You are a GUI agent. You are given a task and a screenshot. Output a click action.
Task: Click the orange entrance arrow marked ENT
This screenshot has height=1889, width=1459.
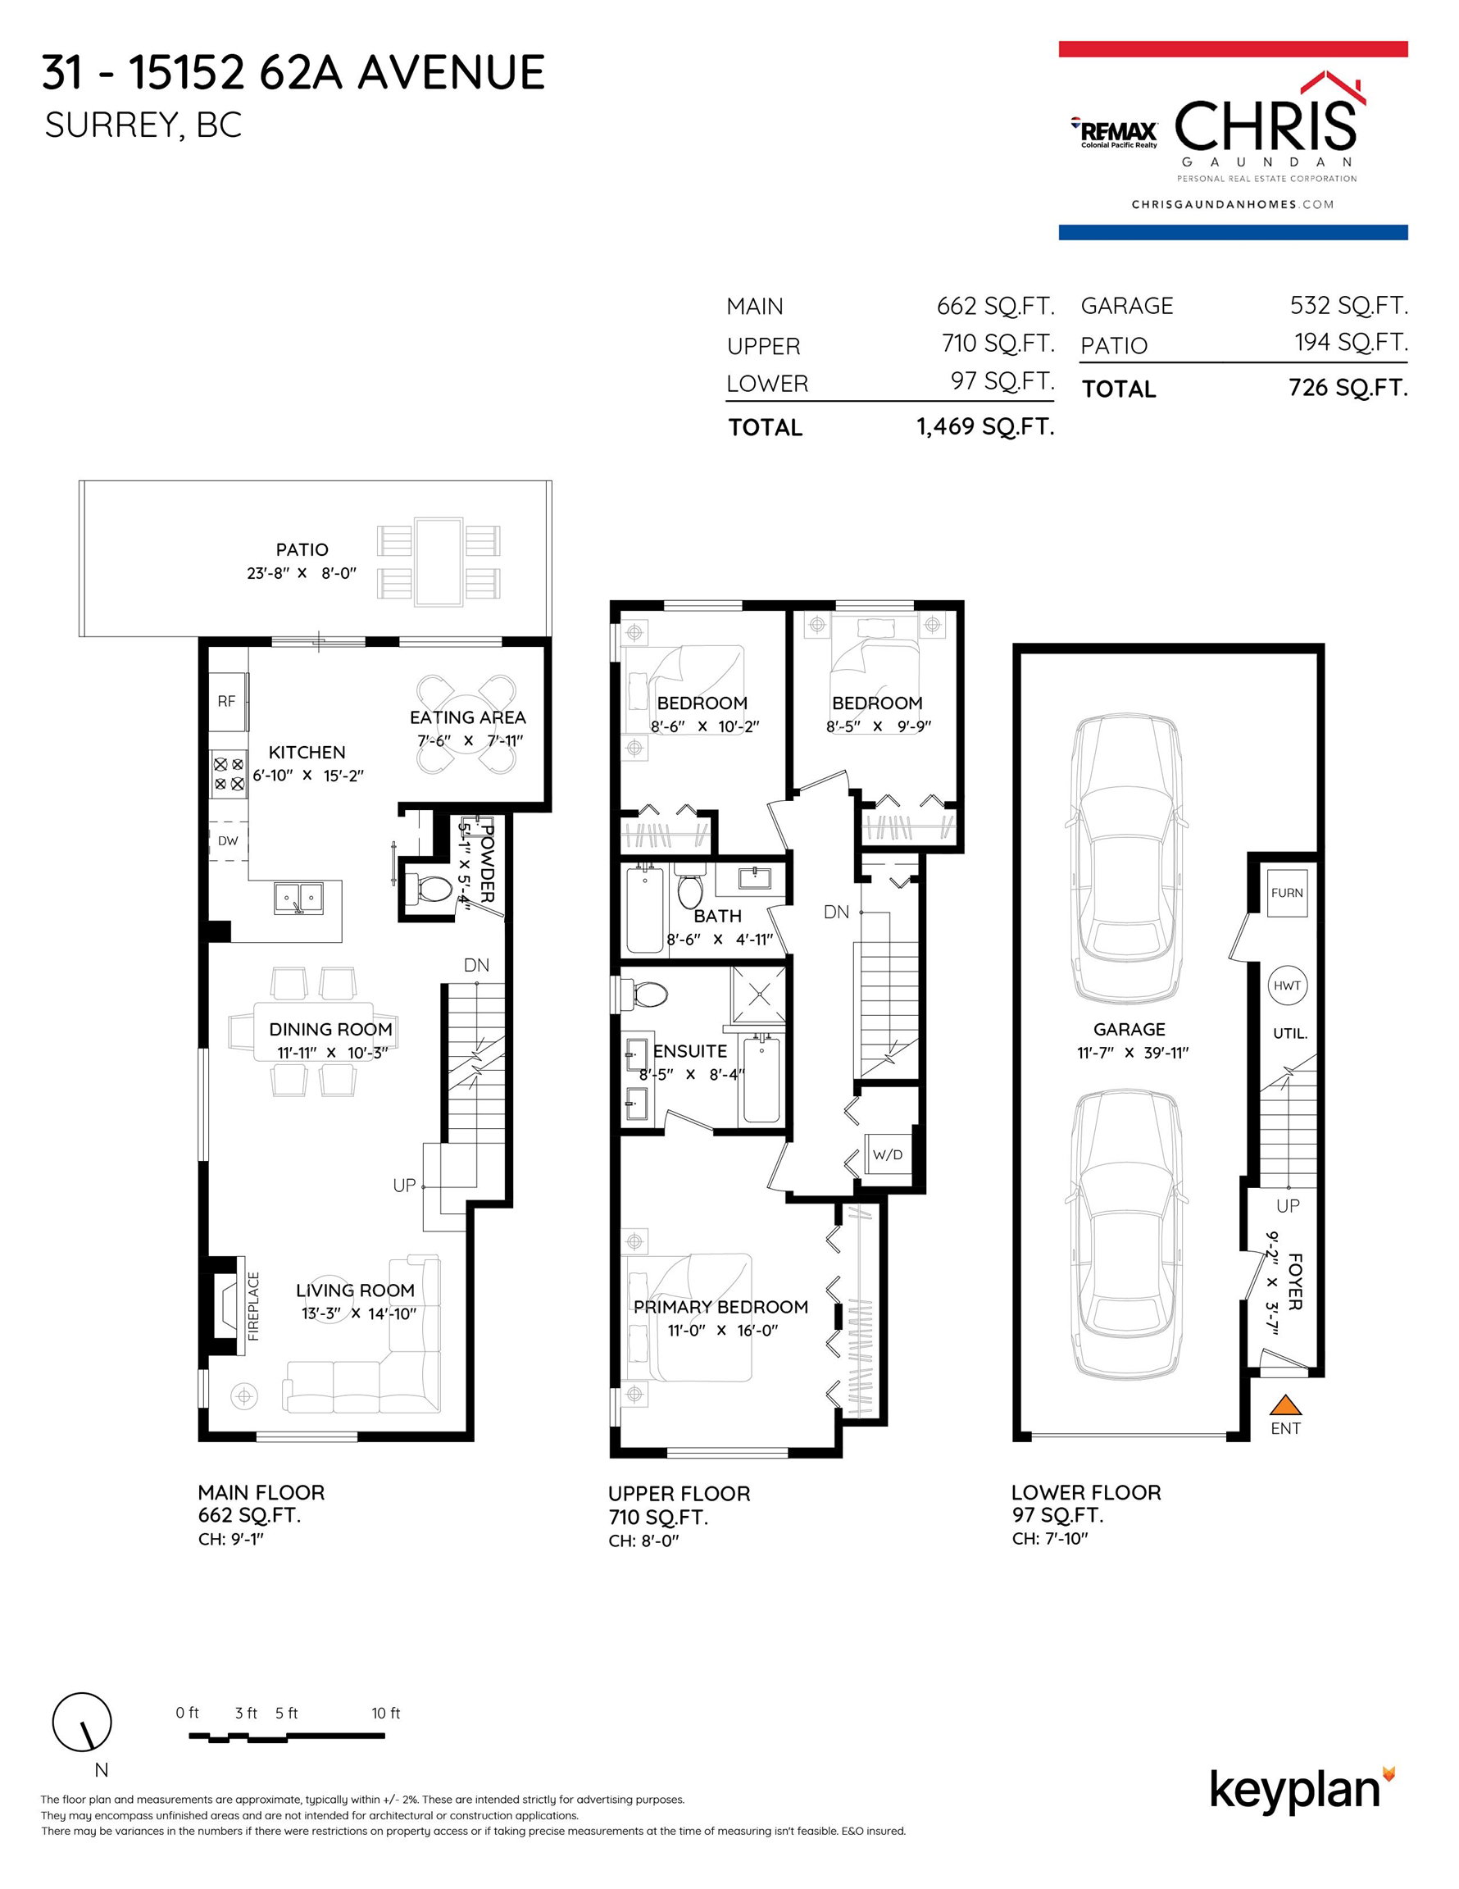1285,1403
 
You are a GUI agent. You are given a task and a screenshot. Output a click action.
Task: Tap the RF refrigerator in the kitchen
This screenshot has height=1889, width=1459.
227,702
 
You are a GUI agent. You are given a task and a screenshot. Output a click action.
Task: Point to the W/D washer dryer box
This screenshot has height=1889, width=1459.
889,1154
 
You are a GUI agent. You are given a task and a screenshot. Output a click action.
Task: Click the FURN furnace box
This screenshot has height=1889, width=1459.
1287,893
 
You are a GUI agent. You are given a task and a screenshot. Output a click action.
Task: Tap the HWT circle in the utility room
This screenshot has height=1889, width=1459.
1287,985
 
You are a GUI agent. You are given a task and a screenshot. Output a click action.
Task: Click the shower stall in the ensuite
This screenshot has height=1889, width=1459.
758,994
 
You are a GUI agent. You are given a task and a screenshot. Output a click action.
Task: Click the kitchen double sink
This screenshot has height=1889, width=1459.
298,898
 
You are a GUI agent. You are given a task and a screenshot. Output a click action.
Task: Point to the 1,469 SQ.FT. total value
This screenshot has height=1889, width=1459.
985,426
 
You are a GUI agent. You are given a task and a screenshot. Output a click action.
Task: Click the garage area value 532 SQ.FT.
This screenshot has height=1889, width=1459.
1349,305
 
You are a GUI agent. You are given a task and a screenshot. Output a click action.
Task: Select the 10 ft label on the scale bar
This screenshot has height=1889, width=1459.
386,1713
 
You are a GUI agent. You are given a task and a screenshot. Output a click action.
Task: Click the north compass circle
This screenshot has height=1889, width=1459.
82,1721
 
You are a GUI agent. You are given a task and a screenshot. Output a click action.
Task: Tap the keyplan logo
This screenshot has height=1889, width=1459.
1302,1791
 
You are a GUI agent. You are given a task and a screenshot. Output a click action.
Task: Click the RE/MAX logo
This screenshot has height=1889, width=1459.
1114,131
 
